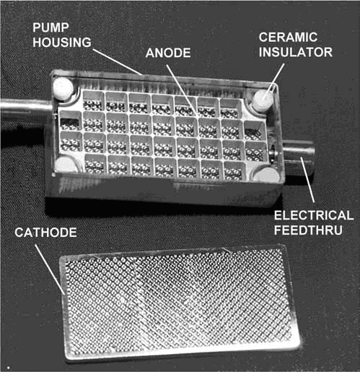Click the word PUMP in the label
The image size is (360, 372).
point(51,27)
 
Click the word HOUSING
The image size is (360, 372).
point(62,43)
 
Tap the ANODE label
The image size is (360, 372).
point(168,53)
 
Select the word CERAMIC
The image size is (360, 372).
point(288,38)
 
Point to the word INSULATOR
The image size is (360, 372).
point(296,52)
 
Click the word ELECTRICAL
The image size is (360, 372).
point(314,215)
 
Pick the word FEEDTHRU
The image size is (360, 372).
point(308,230)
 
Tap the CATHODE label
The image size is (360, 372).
point(45,233)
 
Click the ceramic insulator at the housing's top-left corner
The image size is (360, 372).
point(63,87)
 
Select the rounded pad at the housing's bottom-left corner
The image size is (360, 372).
point(63,164)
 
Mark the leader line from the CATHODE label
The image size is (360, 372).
point(50,269)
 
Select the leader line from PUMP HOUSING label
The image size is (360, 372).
point(117,62)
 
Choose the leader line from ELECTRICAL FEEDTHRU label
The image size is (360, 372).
point(307,179)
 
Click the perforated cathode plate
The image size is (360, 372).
point(179,301)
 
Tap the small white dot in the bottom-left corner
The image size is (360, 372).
point(9,368)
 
